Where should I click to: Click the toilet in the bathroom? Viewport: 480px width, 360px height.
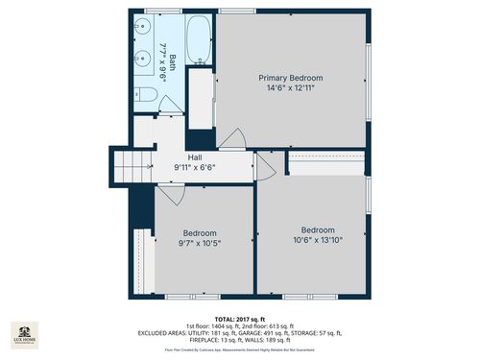point(145,94)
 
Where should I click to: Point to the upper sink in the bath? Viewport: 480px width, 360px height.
point(141,28)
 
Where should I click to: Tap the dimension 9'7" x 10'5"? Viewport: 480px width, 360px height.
point(200,244)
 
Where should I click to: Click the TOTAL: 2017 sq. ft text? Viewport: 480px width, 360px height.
point(240,318)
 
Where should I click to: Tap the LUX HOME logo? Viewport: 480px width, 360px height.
point(25,338)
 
